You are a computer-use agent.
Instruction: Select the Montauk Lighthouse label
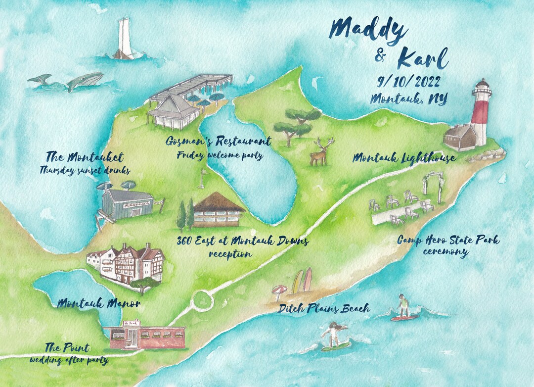click(403, 158)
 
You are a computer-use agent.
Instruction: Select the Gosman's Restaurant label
click(219, 142)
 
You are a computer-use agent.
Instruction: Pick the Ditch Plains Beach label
click(323, 309)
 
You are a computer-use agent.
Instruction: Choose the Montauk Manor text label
click(98, 303)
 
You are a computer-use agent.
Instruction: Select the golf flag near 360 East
click(202, 178)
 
